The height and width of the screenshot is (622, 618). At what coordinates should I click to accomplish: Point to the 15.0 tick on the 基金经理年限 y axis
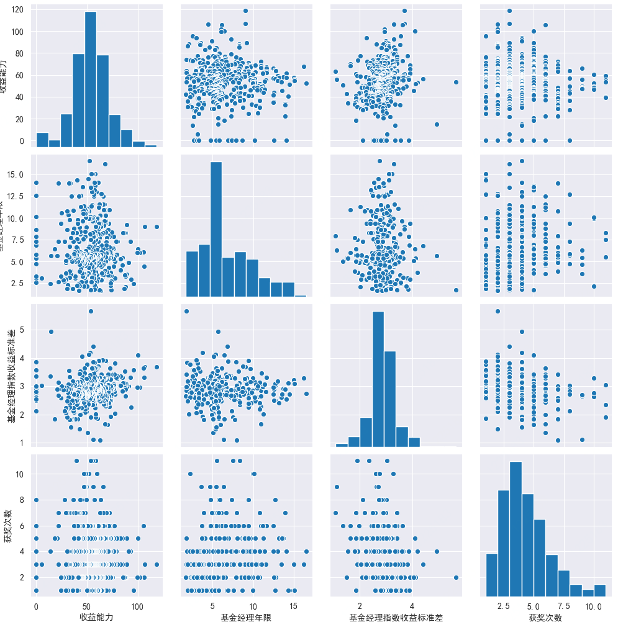[17, 175]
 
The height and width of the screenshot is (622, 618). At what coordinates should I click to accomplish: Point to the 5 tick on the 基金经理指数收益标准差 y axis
[22, 330]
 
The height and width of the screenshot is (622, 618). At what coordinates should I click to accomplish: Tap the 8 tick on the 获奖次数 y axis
[22, 498]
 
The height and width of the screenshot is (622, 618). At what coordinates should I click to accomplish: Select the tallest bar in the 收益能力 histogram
[90, 79]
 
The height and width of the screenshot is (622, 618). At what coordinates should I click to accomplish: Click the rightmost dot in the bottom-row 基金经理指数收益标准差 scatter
[456, 577]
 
